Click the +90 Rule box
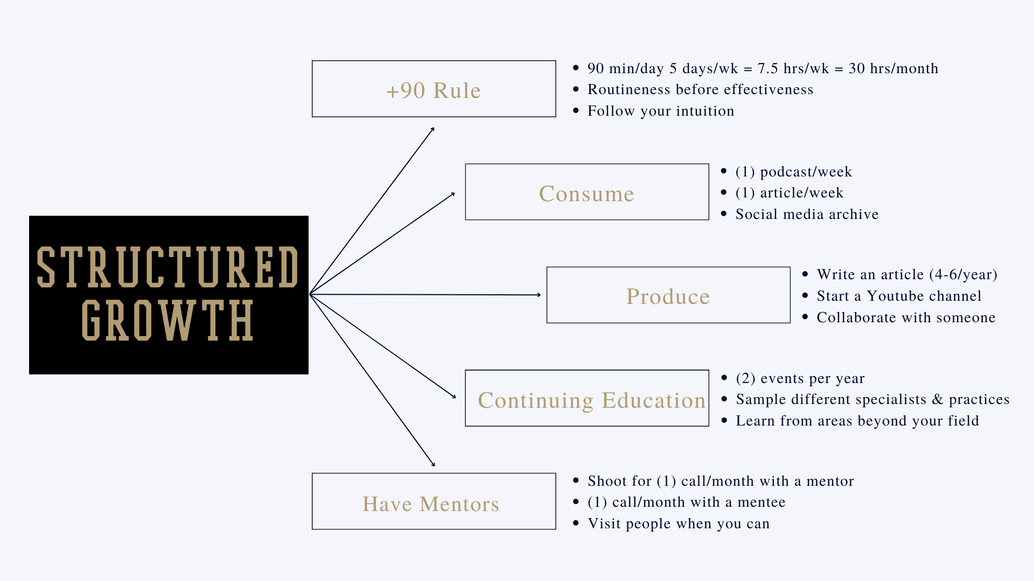pos(434,89)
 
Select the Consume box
pos(586,192)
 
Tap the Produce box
pos(668,295)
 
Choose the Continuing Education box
pos(586,399)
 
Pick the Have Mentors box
pos(434,502)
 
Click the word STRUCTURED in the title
pos(167,267)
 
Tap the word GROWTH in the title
pos(167,321)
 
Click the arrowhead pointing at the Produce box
pos(539,295)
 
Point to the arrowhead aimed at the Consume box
pos(453,194)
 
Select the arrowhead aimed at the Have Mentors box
pos(433,464)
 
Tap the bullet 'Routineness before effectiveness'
pos(700,90)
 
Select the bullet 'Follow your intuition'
pos(661,111)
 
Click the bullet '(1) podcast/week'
pos(794,172)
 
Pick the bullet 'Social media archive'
pos(807,215)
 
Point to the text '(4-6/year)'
pos(963,275)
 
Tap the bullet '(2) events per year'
pos(800,379)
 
